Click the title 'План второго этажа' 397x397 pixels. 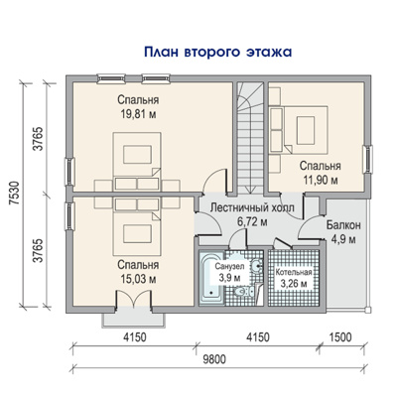click(x=218, y=53)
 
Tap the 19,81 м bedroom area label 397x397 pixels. click(x=138, y=114)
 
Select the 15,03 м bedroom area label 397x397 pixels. click(x=138, y=279)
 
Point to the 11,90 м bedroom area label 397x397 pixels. click(x=321, y=180)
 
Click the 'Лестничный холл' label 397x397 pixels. click(x=252, y=207)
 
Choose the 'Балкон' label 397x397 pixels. click(x=343, y=225)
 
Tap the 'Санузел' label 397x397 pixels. click(x=229, y=266)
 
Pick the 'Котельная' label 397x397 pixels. click(x=294, y=272)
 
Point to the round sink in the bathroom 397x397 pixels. click(x=257, y=265)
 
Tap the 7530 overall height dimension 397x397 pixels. click(x=14, y=194)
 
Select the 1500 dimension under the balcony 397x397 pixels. click(x=340, y=337)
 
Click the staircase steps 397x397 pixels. click(x=250, y=138)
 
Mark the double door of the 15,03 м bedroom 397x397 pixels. click(x=133, y=300)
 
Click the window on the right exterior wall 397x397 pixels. click(x=366, y=160)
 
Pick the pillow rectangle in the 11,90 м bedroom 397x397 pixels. click(x=306, y=130)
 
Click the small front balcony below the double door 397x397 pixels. click(x=133, y=319)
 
